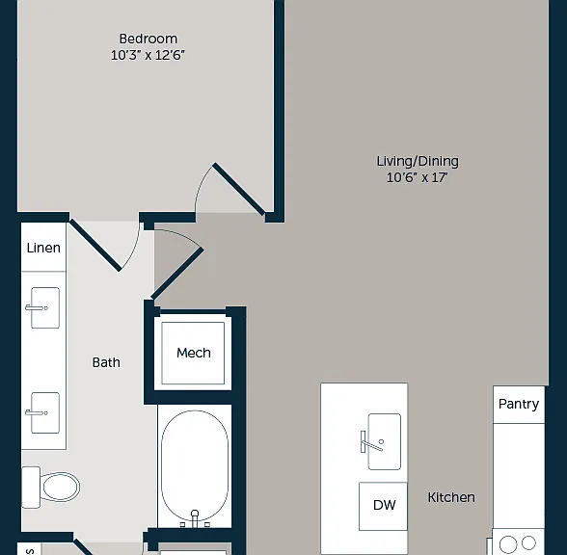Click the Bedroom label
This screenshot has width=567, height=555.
coord(148,39)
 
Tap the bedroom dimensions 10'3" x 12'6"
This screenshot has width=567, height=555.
coord(148,55)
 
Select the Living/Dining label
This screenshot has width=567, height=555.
coord(418,161)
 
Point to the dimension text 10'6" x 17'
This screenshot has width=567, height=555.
coord(417,177)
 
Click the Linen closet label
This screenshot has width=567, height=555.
coord(43,248)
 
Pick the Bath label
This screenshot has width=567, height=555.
coord(106,362)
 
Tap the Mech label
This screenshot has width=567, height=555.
coord(194,353)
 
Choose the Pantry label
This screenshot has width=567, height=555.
coord(519,404)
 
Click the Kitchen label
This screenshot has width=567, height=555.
coord(451,497)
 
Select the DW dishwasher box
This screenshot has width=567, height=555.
coord(384,506)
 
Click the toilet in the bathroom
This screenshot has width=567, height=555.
coord(50,488)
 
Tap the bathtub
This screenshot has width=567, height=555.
coord(195,466)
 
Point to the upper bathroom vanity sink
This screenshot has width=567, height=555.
coord(45,308)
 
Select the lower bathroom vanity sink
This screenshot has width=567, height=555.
coord(45,412)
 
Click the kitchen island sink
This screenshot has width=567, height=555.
coord(384,441)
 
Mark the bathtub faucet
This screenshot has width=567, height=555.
coord(195,518)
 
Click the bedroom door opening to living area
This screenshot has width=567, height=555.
coord(239,189)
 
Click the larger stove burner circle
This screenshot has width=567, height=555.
coord(507,544)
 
